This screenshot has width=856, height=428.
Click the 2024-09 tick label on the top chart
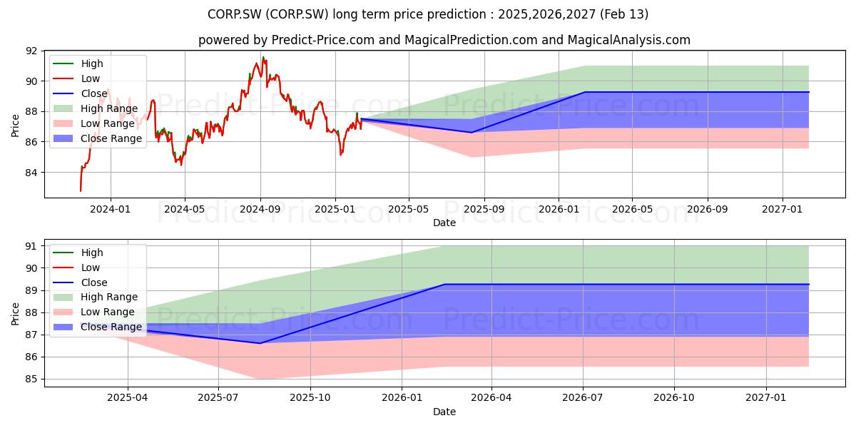tap(260, 210)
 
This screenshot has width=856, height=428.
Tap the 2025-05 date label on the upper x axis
tap(409, 210)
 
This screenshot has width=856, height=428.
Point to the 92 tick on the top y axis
tap(31, 51)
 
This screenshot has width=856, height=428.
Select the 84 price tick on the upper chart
tap(31, 173)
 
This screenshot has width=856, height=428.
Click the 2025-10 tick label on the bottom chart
tap(310, 398)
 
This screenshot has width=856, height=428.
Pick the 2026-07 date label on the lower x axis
tap(582, 398)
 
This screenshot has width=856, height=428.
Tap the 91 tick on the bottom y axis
tap(31, 247)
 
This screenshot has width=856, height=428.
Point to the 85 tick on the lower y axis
tap(31, 379)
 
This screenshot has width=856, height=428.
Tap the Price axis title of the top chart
tap(15, 126)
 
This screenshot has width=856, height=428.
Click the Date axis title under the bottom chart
tap(444, 412)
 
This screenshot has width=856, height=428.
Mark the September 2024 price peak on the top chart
tap(263, 57)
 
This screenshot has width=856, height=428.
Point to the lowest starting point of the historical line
tap(81, 190)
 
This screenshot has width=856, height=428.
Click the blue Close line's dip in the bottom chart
tap(260, 343)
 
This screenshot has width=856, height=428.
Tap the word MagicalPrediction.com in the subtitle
tap(471, 40)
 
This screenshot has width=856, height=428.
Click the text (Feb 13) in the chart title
tap(624, 14)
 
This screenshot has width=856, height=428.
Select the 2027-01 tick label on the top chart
tap(783, 210)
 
